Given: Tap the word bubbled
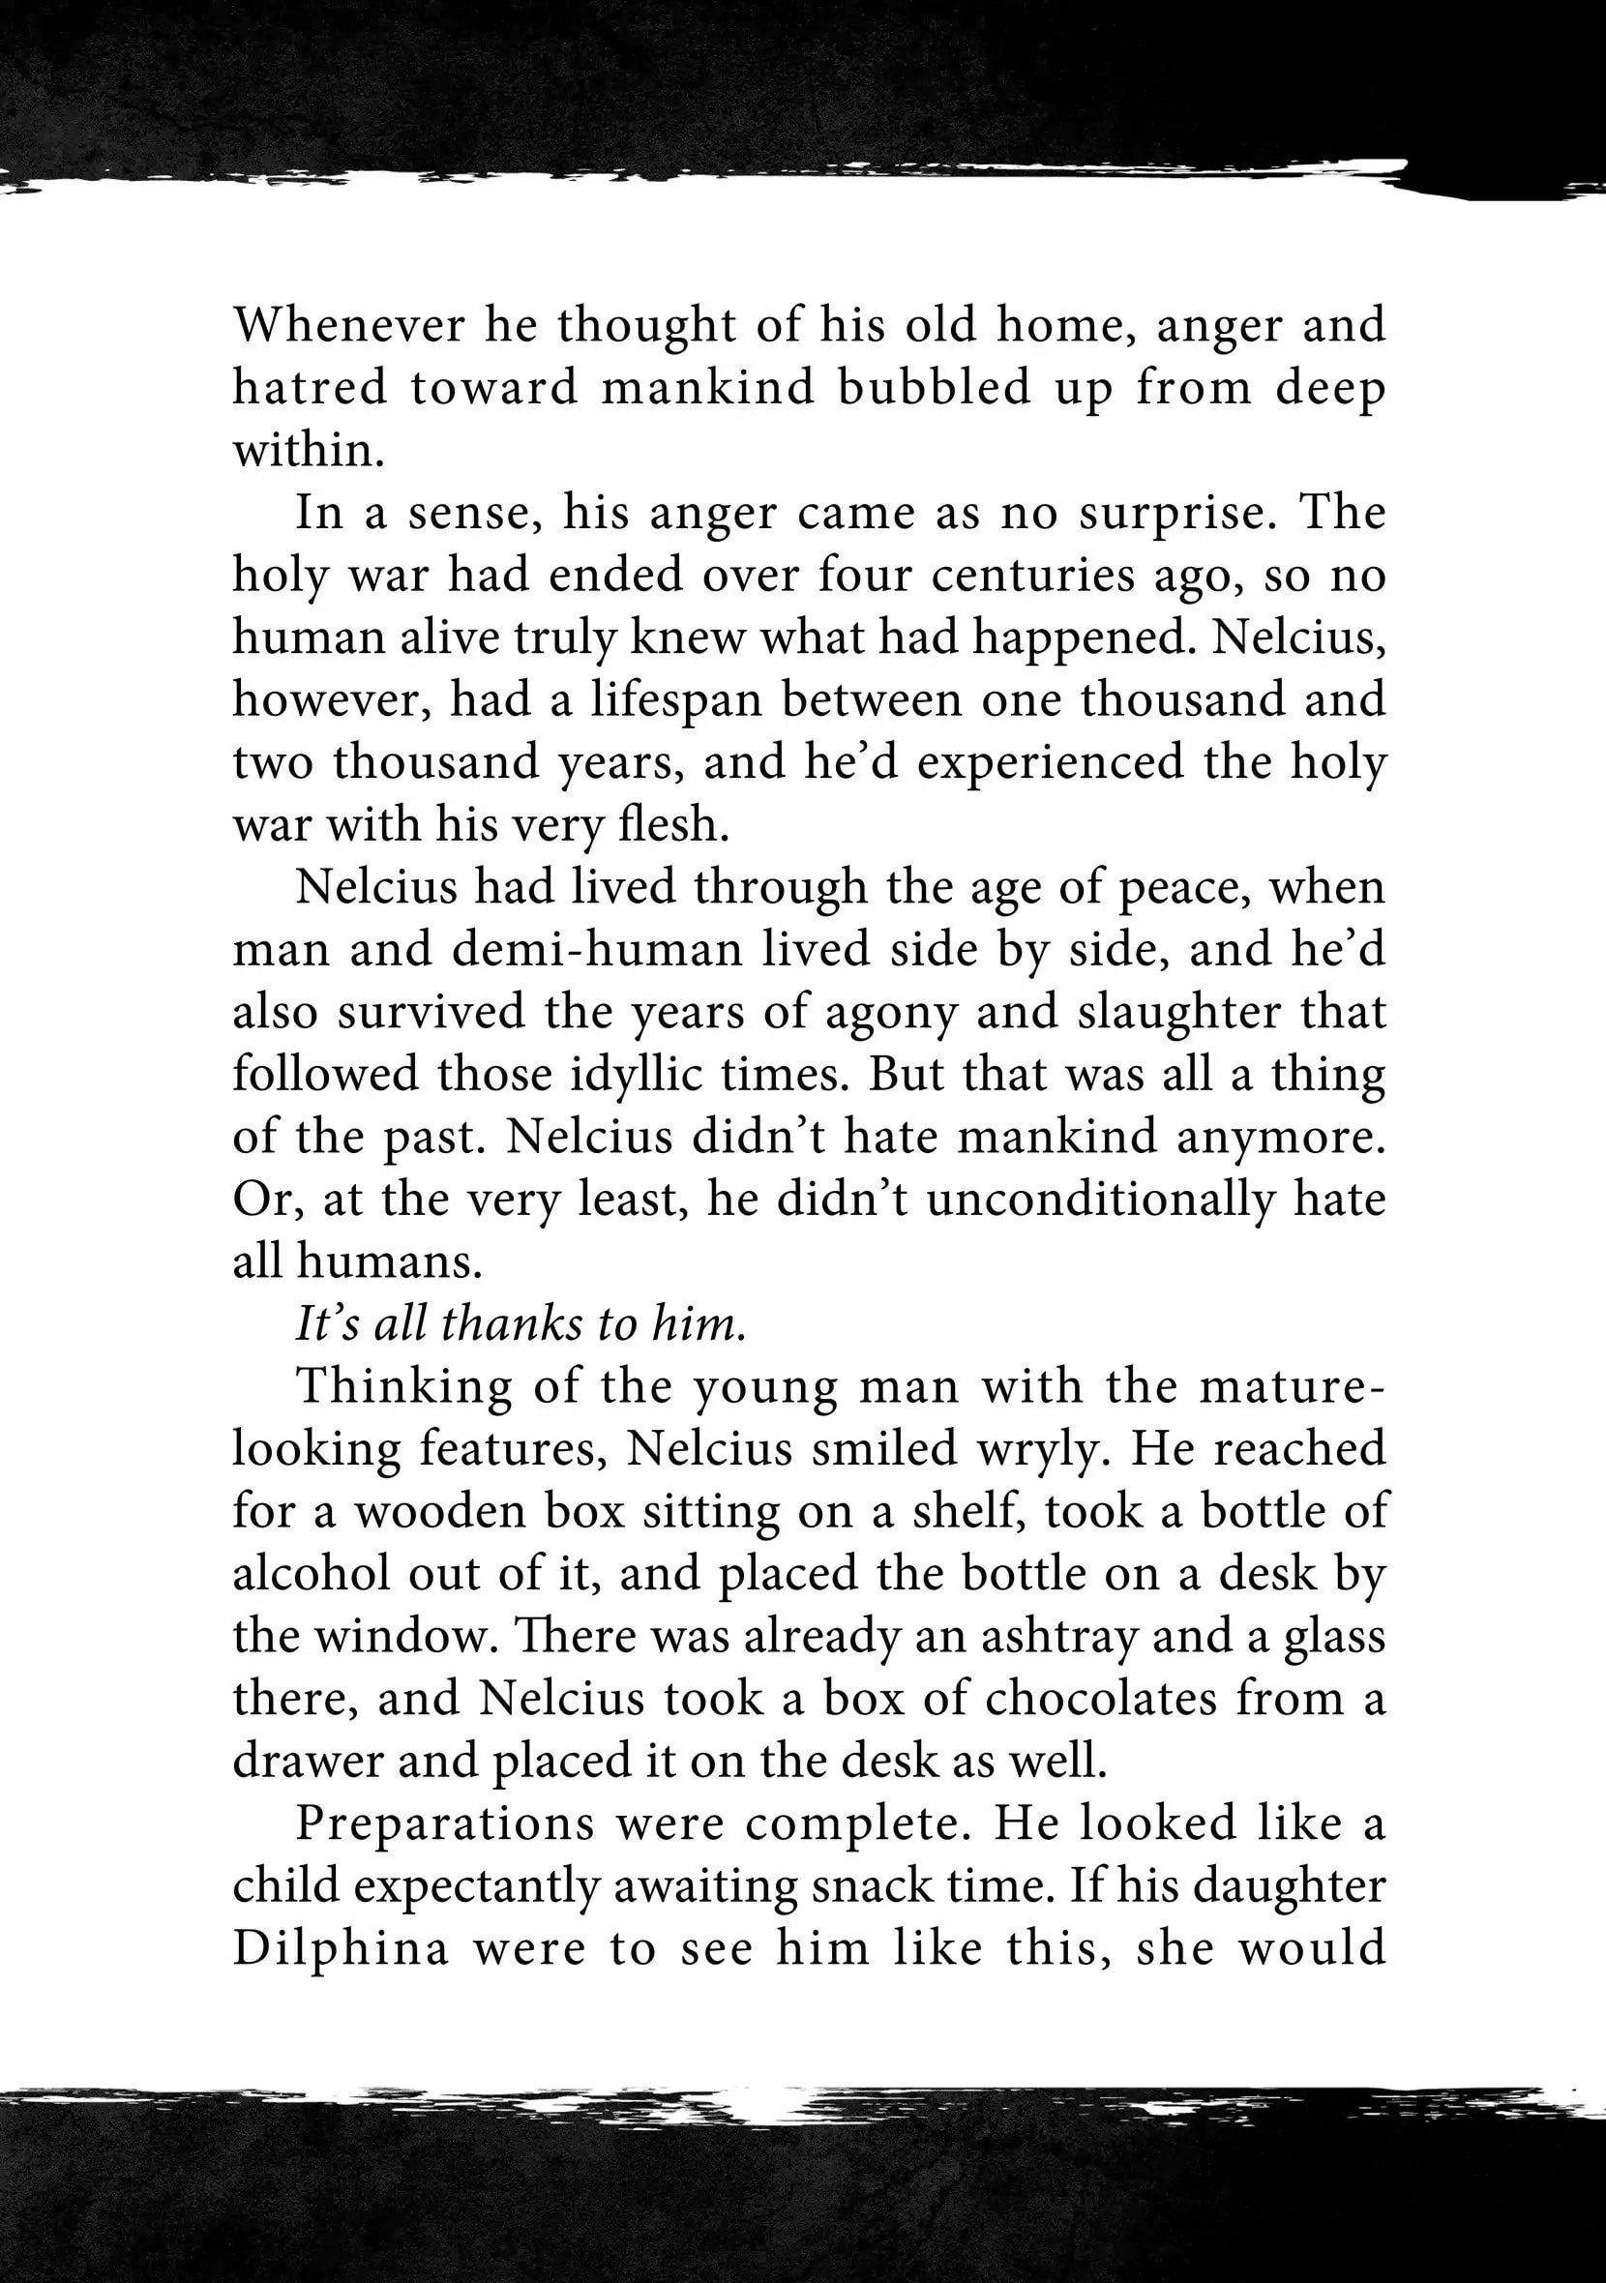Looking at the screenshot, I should (934, 388).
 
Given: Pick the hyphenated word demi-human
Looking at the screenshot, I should (598, 950).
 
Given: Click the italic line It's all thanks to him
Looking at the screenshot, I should (521, 1323).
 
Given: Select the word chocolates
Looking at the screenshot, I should (1101, 1699).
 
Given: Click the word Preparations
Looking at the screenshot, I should (444, 1823).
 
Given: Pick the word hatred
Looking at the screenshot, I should (310, 388).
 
